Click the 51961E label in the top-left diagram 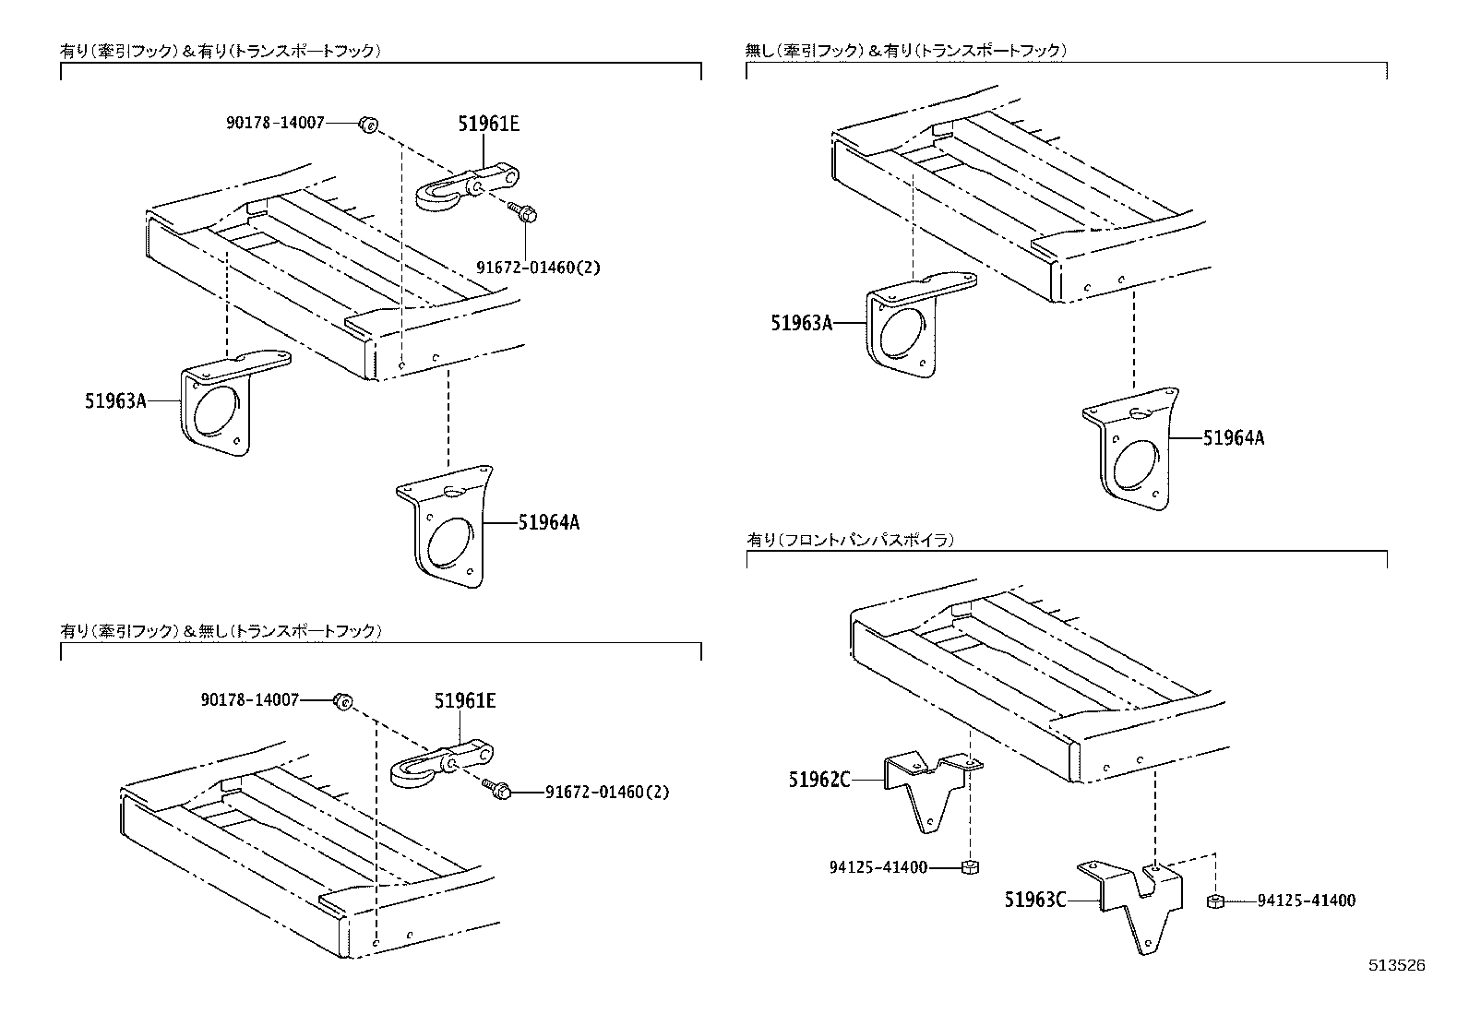(x=488, y=124)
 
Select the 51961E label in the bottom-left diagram (x=465, y=701)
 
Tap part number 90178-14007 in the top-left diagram (x=275, y=122)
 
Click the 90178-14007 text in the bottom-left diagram (x=250, y=700)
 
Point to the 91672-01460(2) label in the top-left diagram (x=538, y=268)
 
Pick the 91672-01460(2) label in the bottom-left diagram (x=607, y=792)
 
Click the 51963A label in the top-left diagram (x=115, y=401)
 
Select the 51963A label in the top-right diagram (x=802, y=322)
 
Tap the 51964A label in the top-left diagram (x=548, y=522)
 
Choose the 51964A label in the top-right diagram (x=1233, y=438)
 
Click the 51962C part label (x=818, y=780)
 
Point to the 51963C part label (x=1035, y=899)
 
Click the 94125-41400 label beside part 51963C (x=1307, y=901)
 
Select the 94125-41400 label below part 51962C (x=878, y=867)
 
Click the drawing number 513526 (x=1396, y=966)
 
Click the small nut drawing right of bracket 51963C (x=1215, y=901)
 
